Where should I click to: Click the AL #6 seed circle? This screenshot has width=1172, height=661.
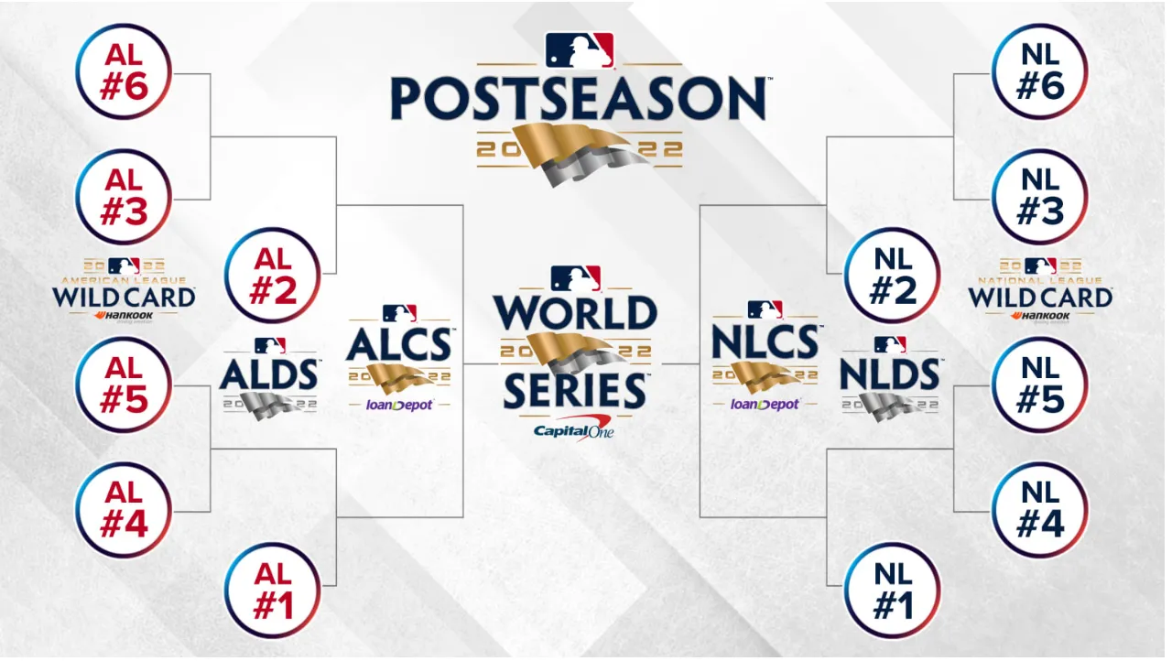pos(124,71)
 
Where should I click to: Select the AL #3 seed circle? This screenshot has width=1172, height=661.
pos(124,197)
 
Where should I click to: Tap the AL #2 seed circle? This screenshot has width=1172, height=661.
pos(272,275)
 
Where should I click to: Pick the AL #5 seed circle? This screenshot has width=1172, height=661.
pos(124,385)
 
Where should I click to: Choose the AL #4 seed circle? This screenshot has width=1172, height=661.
pos(124,510)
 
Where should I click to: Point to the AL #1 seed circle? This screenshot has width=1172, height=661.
pos(272,591)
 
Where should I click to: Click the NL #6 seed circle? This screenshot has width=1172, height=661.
pos(1039,71)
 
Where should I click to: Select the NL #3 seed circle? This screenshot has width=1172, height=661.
pos(1039,197)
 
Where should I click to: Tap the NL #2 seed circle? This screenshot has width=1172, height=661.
pos(892,275)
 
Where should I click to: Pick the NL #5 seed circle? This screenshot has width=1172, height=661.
pos(1039,385)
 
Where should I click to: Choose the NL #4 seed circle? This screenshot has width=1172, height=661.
pos(1039,510)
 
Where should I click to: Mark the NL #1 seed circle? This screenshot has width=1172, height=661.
pos(892,591)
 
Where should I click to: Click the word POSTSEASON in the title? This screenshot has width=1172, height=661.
pos(579,99)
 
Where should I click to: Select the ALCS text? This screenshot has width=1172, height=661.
pos(399,344)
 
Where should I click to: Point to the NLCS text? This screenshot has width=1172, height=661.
pos(765,344)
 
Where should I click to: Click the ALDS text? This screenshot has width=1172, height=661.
pos(270,374)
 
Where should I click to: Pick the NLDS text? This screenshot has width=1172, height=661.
pos(890,374)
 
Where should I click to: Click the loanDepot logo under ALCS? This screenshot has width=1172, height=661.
pos(399,404)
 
